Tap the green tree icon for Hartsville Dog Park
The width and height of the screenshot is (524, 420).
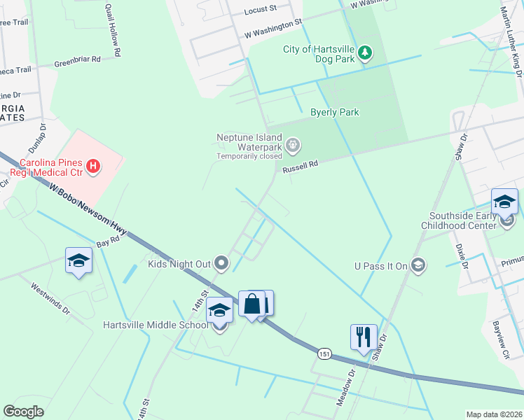(x=364, y=53)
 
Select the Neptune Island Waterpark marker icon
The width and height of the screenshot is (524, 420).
(x=293, y=145)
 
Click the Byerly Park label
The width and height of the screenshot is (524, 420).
(x=335, y=112)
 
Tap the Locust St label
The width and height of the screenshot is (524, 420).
(x=261, y=11)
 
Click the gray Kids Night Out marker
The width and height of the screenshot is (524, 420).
(x=221, y=263)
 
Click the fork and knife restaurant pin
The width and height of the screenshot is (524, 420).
(x=364, y=337)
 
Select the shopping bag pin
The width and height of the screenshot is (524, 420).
(x=251, y=304)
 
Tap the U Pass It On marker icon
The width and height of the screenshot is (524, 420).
(x=418, y=264)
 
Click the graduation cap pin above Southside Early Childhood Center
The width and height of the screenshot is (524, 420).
(x=504, y=202)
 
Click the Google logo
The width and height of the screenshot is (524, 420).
(x=23, y=411)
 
